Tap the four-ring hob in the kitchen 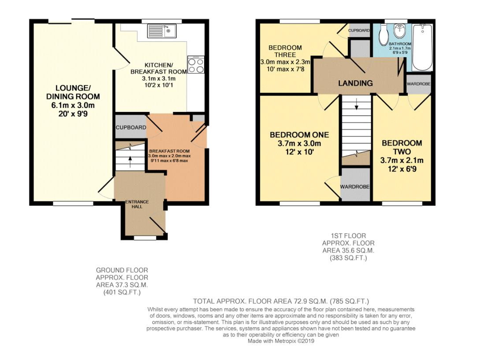(196, 65)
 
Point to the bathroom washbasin (400, 31)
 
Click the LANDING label (355, 83)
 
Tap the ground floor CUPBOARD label (130, 128)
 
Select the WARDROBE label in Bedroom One (354, 187)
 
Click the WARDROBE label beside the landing (418, 83)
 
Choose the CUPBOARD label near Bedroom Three (359, 31)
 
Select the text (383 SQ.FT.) (348, 258)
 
